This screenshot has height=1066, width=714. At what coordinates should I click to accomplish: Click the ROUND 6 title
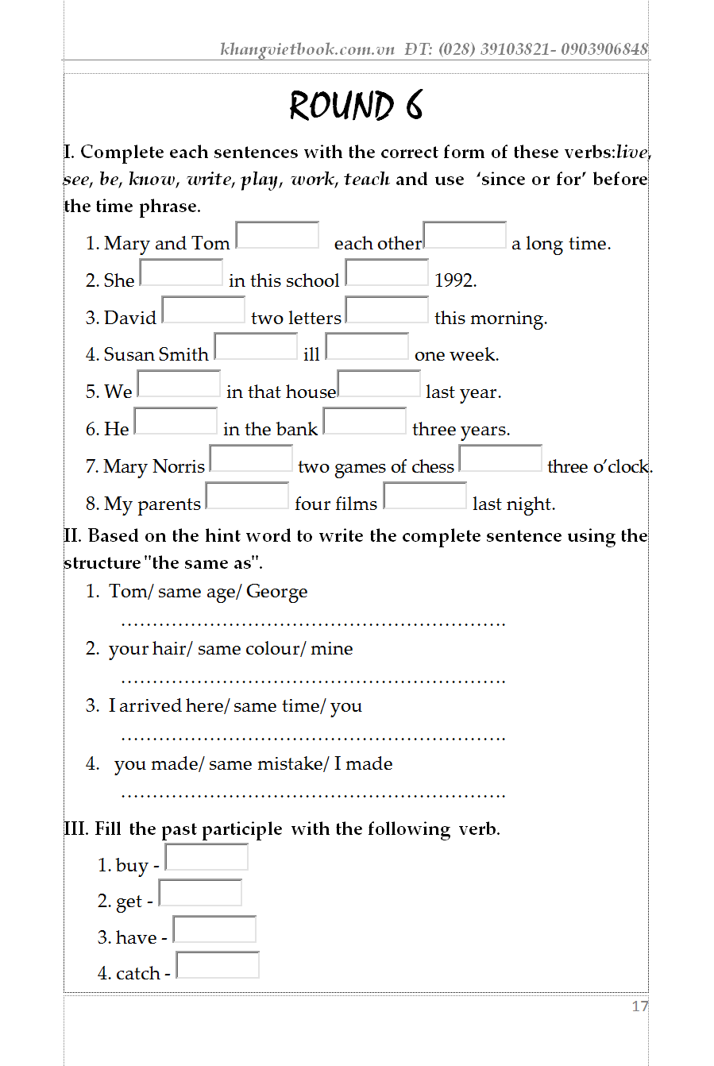click(x=356, y=106)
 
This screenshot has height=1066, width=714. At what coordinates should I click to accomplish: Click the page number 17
click(x=639, y=1006)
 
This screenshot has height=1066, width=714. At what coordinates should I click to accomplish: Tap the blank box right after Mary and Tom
click(x=277, y=235)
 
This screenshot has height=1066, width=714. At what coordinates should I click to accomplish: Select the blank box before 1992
click(x=387, y=272)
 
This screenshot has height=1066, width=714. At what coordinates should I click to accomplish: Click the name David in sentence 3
click(x=130, y=318)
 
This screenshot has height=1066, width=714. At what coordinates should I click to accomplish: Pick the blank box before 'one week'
click(x=367, y=347)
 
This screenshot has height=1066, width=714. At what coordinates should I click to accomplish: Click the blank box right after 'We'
click(x=179, y=384)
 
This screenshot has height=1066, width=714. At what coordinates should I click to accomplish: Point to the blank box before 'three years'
click(x=365, y=421)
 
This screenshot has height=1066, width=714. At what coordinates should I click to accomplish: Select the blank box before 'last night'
click(x=425, y=496)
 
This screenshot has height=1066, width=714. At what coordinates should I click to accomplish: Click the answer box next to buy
click(x=206, y=857)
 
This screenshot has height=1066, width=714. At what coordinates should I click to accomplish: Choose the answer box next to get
click(x=200, y=893)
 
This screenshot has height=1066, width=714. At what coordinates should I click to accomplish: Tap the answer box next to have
click(x=214, y=929)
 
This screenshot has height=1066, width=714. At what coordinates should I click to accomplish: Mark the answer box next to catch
click(x=218, y=965)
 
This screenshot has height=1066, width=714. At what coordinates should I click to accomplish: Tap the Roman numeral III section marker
click(x=76, y=829)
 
